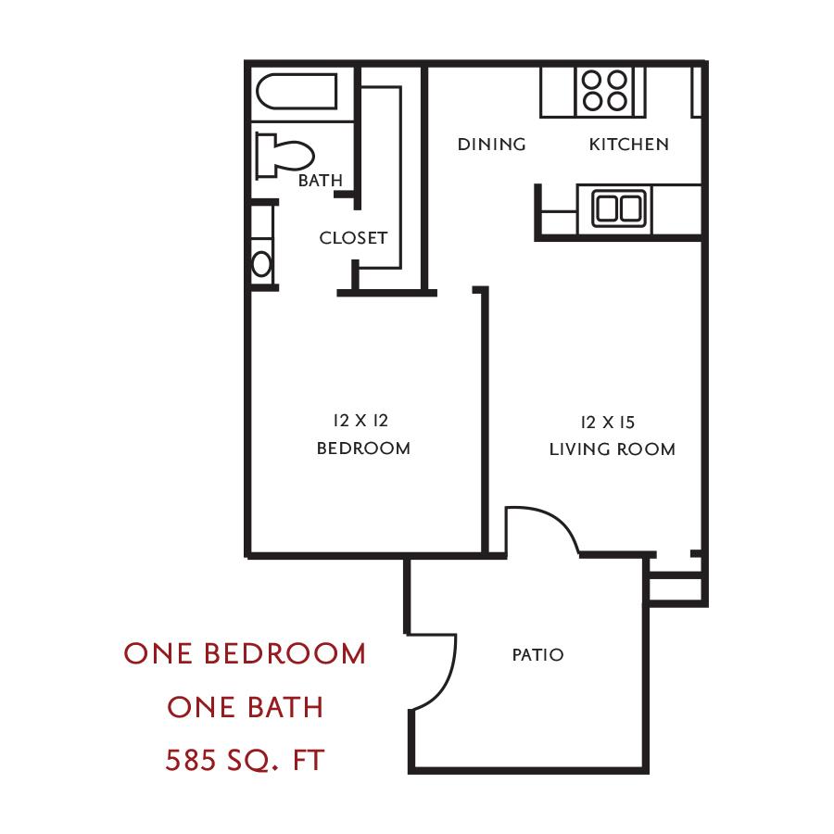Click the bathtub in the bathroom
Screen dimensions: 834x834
[x=297, y=92]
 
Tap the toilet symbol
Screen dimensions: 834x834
[x=284, y=155]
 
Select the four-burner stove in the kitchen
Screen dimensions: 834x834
[x=604, y=91]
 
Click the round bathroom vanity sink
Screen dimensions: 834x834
[x=261, y=264]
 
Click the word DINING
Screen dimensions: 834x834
[x=491, y=145]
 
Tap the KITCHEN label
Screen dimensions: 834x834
[x=628, y=145]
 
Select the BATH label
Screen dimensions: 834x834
[x=321, y=181]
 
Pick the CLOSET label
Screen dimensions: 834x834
[x=353, y=238]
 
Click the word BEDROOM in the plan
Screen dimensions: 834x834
[x=363, y=449]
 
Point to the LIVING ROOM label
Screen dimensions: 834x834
[x=613, y=449]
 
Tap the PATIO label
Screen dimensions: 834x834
[x=537, y=655]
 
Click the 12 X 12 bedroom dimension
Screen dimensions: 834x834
[x=360, y=421]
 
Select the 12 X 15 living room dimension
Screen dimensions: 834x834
[x=608, y=423]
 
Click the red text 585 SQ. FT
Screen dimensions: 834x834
[x=245, y=760]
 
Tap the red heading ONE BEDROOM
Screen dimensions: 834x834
[x=245, y=653]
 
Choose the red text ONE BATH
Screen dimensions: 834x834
[x=246, y=707]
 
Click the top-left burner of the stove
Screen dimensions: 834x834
[x=591, y=80]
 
